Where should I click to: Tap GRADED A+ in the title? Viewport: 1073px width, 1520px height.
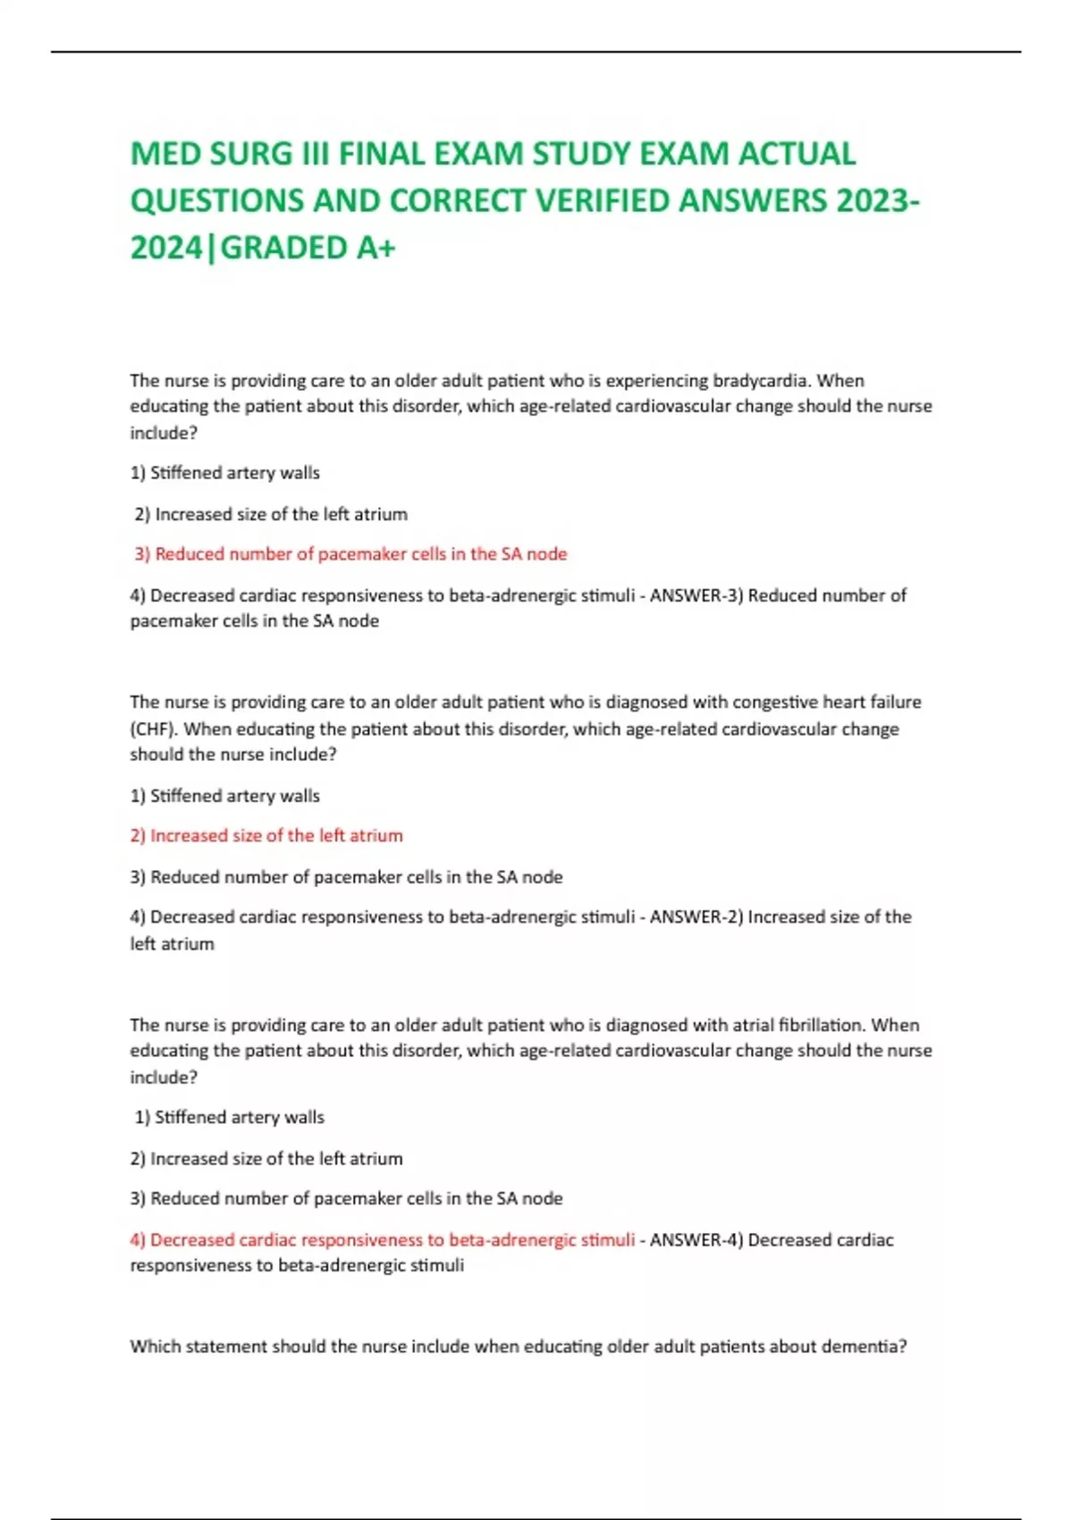pos(308,248)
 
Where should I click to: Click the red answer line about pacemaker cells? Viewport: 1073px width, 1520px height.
pos(351,554)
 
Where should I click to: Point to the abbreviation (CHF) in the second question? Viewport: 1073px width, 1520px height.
pos(153,729)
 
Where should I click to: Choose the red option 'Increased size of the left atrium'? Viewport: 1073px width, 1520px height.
pos(266,836)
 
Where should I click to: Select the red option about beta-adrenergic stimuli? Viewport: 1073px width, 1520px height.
pos(382,1240)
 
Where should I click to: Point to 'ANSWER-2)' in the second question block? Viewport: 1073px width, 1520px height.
pos(697,917)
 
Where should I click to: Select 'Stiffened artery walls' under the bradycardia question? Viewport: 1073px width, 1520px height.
pos(225,473)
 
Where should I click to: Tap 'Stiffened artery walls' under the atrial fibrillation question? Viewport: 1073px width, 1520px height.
pos(230,1118)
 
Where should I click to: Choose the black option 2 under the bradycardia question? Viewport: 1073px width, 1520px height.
pos(271,514)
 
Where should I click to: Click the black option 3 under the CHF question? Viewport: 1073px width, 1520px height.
pos(346,877)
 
